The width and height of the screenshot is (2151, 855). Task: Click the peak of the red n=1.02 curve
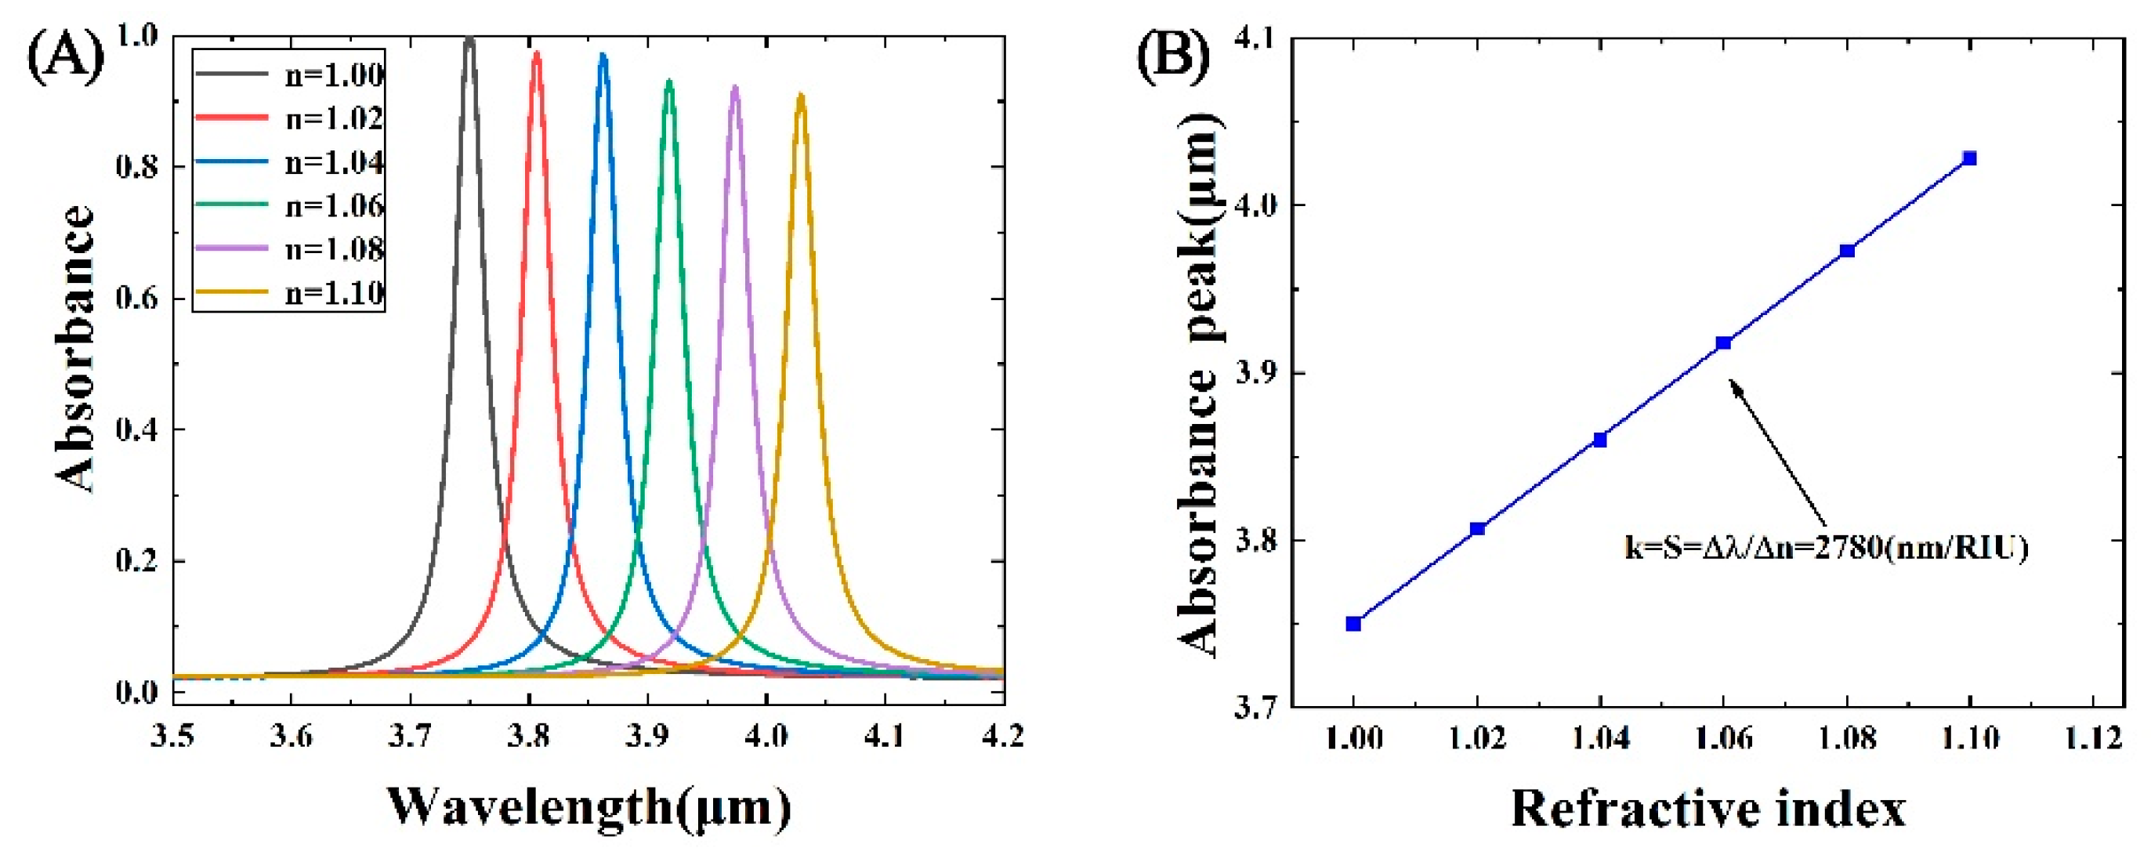coord(537,53)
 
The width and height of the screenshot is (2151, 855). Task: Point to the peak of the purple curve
coord(735,87)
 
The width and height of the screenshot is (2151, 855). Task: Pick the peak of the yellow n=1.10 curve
coord(800,95)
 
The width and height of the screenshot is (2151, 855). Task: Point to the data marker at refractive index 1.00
coord(1353,624)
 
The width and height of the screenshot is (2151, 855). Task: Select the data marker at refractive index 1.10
coord(1970,158)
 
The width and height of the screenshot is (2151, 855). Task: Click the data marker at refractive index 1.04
coord(1600,440)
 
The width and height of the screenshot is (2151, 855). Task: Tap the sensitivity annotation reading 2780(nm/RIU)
coord(1825,549)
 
